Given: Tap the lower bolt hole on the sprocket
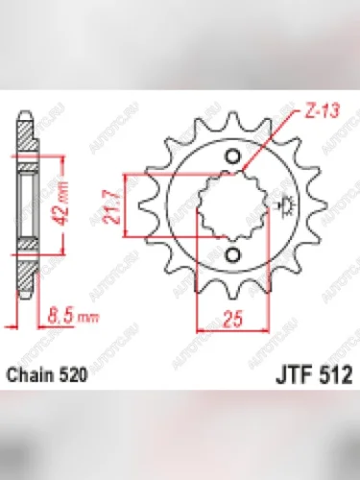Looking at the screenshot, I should (232, 252).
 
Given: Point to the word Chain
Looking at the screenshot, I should (32, 378).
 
